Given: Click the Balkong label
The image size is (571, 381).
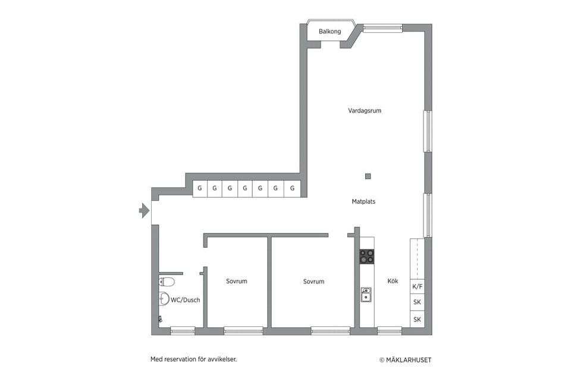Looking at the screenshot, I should (330, 32).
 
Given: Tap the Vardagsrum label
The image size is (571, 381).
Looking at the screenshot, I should (365, 111).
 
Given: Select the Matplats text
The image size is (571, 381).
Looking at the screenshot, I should (363, 202).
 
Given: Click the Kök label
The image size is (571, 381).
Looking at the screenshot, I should (393, 281).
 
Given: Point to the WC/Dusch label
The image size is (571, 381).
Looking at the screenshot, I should (185, 300).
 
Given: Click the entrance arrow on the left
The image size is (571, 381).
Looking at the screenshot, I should (144, 210).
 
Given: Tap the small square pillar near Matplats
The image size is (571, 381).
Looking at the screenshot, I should (368, 176).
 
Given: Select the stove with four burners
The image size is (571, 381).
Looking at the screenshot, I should (367, 257).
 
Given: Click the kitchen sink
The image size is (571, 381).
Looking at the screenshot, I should (367, 295).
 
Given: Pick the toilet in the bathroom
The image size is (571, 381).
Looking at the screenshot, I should (167, 282).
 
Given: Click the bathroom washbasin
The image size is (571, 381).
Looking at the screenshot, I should (164, 299).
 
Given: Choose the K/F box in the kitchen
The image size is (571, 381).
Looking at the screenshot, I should (418, 286).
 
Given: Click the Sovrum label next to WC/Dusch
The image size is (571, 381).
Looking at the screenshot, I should (236, 281).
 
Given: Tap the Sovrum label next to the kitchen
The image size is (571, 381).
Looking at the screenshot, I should (313, 282).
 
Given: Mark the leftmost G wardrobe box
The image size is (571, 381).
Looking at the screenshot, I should (200, 189).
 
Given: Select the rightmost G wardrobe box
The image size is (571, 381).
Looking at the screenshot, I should (293, 189).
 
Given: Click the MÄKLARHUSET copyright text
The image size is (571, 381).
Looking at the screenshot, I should (406, 360).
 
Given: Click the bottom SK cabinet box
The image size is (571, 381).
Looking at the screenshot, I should (418, 320).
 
